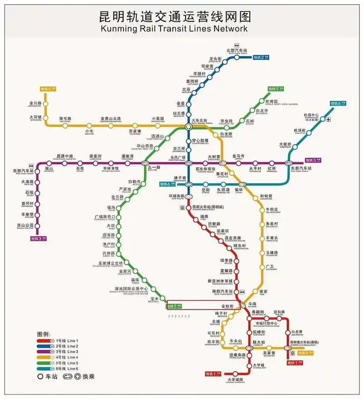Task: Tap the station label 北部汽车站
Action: [x=237, y=50]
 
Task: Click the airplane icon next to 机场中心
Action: [x=329, y=119]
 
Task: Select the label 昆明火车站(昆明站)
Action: [x=208, y=207]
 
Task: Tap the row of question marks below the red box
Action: [x=178, y=316]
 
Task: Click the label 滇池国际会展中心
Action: [x=131, y=289]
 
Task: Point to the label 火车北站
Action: [x=200, y=120]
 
